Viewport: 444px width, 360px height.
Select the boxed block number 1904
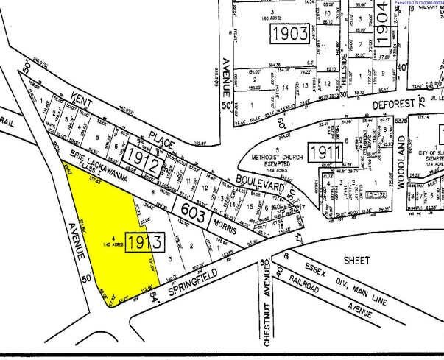381,27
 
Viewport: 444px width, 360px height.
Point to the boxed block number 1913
144,241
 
